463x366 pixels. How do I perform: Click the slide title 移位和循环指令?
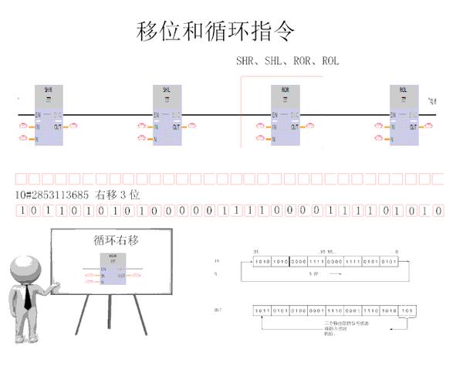[216, 32]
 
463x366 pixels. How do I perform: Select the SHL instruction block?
[167, 116]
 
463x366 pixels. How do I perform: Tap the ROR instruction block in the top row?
[285, 116]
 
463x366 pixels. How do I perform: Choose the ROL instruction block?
[404, 116]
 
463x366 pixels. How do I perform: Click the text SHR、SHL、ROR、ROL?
[287, 61]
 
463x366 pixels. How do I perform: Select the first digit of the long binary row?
[22, 211]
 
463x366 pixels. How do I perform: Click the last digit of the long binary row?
[438, 211]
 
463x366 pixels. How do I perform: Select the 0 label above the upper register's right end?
[397, 252]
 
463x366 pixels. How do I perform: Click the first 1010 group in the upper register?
[262, 261]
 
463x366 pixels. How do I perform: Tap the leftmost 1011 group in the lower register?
[262, 310]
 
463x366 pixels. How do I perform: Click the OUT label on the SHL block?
[177, 125]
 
